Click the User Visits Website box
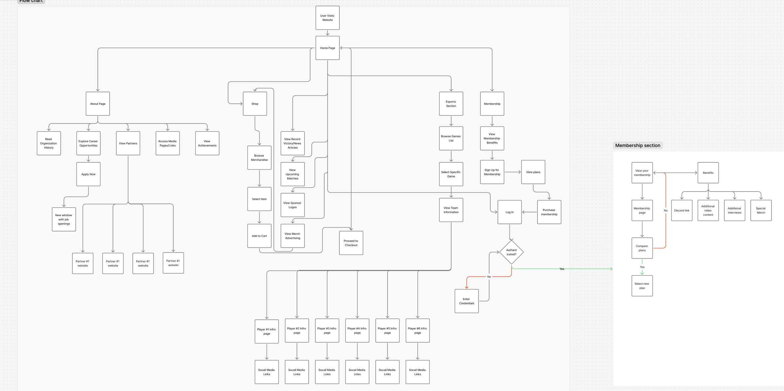(327, 18)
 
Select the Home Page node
(327, 48)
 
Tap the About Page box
(98, 104)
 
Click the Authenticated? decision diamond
(511, 252)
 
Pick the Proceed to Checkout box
(351, 243)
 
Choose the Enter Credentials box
(466, 301)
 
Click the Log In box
(509, 212)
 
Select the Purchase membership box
(549, 212)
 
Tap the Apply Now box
(88, 174)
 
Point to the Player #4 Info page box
(357, 330)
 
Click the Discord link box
(682, 210)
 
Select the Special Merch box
(761, 210)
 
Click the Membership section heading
(637, 145)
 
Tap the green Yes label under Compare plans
(642, 267)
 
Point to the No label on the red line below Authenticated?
(489, 277)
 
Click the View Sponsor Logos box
(292, 205)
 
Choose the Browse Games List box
(451, 138)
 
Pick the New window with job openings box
(64, 219)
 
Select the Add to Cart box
(259, 236)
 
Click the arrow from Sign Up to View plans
(512, 172)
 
